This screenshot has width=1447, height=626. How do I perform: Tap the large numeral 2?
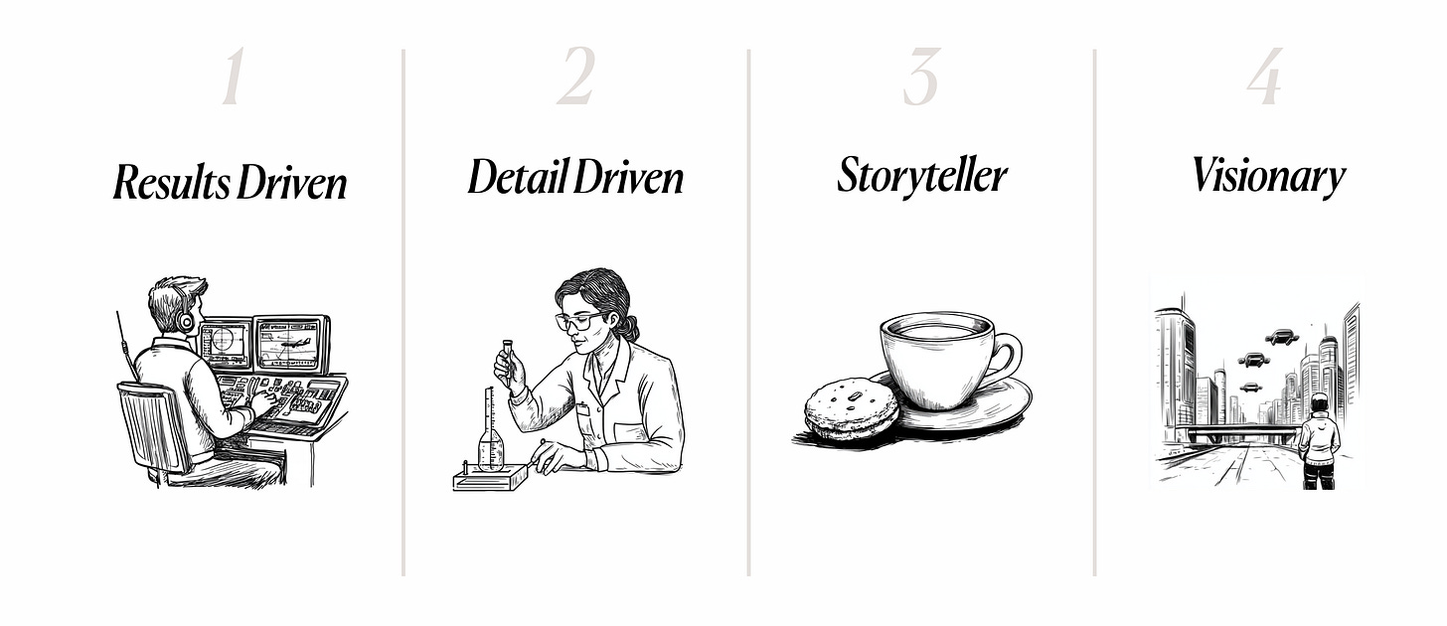point(575,77)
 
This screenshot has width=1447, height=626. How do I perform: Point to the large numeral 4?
point(1265,77)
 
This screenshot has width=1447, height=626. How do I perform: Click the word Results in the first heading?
point(171,183)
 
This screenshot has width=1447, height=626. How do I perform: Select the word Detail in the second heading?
point(519,177)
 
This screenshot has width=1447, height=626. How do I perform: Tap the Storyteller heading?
point(922,176)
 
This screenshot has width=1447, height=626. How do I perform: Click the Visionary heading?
point(1269,176)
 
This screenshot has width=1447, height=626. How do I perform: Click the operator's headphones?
point(185,320)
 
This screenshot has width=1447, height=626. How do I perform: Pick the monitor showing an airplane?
point(290,345)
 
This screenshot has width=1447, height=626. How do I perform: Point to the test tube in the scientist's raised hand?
point(509,359)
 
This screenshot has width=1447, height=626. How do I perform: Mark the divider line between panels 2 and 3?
point(748,313)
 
